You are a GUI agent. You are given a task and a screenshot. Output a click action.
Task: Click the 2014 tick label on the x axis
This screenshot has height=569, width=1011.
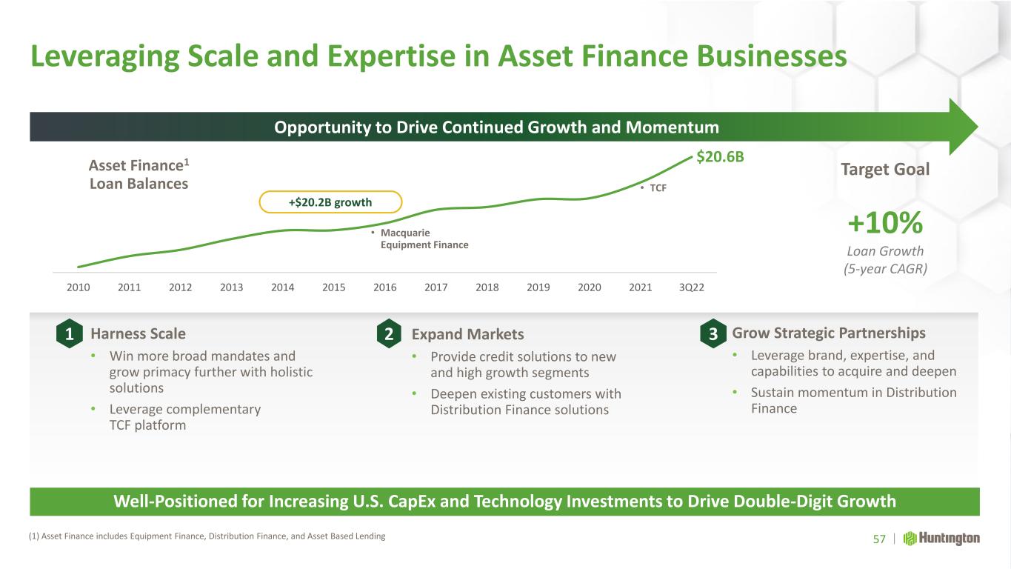[x=282, y=287]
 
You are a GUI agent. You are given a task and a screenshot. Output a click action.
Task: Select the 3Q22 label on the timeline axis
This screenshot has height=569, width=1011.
[x=692, y=287]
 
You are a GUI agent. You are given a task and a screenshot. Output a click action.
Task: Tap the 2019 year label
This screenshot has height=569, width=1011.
[x=538, y=287]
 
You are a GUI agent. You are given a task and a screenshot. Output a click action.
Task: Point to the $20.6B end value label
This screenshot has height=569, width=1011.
[x=720, y=157]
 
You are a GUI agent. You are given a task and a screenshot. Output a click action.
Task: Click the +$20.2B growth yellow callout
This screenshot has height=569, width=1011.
[x=330, y=202]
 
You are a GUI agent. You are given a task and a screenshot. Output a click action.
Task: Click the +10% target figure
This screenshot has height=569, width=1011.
[x=885, y=222]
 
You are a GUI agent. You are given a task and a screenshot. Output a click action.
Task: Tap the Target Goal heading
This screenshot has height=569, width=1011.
[x=885, y=170]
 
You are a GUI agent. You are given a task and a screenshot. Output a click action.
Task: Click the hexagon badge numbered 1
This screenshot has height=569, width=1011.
[x=69, y=333]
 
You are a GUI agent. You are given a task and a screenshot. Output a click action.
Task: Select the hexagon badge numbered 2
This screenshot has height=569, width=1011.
[x=389, y=333]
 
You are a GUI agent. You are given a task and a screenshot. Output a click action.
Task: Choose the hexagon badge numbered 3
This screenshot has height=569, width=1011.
[x=713, y=333]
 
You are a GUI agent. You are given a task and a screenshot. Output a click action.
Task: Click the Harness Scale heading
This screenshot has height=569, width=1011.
[x=138, y=333]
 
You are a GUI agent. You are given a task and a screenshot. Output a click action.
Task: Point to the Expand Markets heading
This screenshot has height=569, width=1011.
[x=467, y=334]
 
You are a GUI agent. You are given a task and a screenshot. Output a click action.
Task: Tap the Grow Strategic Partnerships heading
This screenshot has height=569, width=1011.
[x=829, y=333]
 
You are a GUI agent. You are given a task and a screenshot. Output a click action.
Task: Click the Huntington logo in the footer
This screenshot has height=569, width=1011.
[x=941, y=539]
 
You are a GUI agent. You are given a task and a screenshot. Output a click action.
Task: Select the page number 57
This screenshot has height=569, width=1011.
[x=879, y=539]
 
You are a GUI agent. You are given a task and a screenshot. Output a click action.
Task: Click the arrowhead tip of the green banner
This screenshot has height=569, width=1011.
[x=978, y=127]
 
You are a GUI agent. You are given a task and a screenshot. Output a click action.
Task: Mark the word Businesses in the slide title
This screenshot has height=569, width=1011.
[x=772, y=56]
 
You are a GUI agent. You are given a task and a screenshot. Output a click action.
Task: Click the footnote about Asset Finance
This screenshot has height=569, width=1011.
[x=207, y=536]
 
